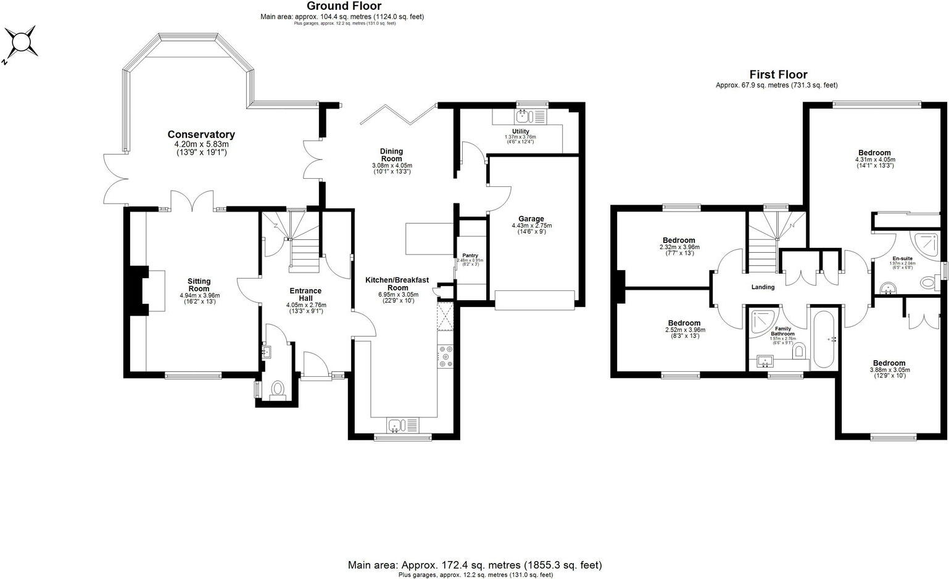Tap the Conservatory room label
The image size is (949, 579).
tap(201, 134)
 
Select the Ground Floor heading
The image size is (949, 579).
tap(344, 6)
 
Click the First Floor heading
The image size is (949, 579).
tap(777, 75)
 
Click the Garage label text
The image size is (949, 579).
tap(531, 219)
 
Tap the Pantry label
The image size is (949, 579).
tap(470, 255)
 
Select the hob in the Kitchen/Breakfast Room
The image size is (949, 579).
tap(444, 356)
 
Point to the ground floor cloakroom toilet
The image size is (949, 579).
tap(278, 389)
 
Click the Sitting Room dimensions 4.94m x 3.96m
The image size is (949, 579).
tap(199, 295)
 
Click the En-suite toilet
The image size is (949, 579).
tap(928, 283)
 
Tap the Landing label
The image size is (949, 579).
tap(763, 287)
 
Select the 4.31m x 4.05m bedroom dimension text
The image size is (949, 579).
tap(874, 160)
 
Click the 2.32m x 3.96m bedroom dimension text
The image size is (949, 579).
tap(679, 247)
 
